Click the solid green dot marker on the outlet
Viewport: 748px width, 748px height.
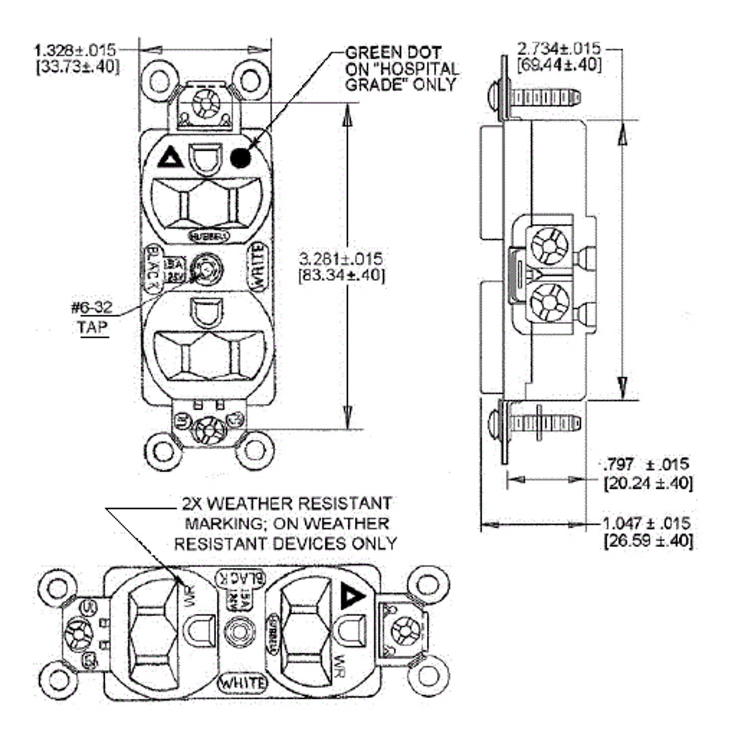coord(240,158)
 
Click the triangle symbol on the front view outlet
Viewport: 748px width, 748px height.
coord(170,158)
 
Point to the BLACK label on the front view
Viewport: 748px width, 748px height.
coord(152,267)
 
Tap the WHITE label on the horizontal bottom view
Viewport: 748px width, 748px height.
coord(244,683)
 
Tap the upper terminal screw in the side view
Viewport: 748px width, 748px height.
coord(549,245)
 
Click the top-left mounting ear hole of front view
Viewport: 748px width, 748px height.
coord(160,80)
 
